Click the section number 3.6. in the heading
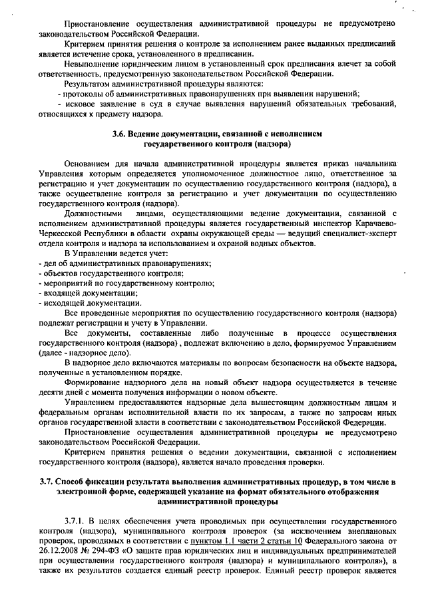click(120, 134)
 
